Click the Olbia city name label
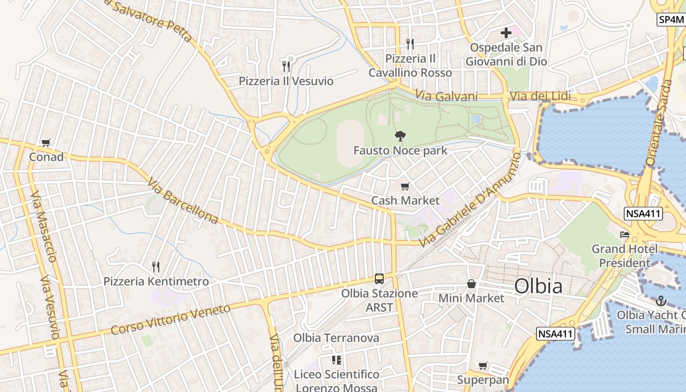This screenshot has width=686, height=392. point(538,286)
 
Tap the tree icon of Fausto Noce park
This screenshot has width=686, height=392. point(400,136)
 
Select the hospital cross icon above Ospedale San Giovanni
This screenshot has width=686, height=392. point(506,33)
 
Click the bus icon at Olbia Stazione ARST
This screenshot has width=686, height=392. point(379,279)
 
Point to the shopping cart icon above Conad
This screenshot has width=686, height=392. point(46,143)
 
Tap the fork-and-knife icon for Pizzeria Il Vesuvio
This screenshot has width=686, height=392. point(286,66)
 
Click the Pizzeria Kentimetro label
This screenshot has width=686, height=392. point(156,281)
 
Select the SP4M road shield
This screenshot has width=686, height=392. point(671,20)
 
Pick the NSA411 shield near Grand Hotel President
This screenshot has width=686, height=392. point(643,214)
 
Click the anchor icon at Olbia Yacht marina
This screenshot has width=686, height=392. point(661,300)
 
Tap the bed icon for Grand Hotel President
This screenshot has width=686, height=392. point(624,235)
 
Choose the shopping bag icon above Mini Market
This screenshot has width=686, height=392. point(471,284)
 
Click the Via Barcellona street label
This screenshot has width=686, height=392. point(182,201)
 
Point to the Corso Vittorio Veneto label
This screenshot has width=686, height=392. point(170,319)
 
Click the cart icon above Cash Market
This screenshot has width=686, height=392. point(405,186)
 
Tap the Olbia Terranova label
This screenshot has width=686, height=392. point(336,338)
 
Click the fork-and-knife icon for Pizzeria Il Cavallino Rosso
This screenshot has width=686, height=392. point(410,44)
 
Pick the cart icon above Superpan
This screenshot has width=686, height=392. point(483,366)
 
